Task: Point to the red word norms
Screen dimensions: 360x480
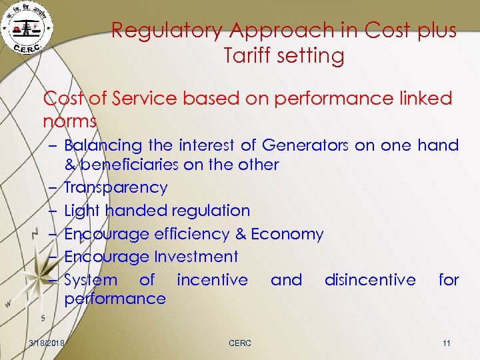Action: click(x=69, y=122)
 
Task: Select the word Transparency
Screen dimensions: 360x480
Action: click(x=115, y=188)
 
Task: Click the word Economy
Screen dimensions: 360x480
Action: click(x=287, y=234)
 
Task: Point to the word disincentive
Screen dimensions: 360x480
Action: click(x=370, y=280)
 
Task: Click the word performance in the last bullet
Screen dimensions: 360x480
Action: click(x=115, y=298)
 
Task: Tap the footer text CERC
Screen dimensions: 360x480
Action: click(x=240, y=343)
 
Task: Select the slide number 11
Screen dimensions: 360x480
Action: click(x=447, y=343)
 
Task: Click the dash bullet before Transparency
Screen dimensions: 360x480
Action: click(x=55, y=188)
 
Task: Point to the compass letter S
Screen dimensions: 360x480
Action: click(x=43, y=317)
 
